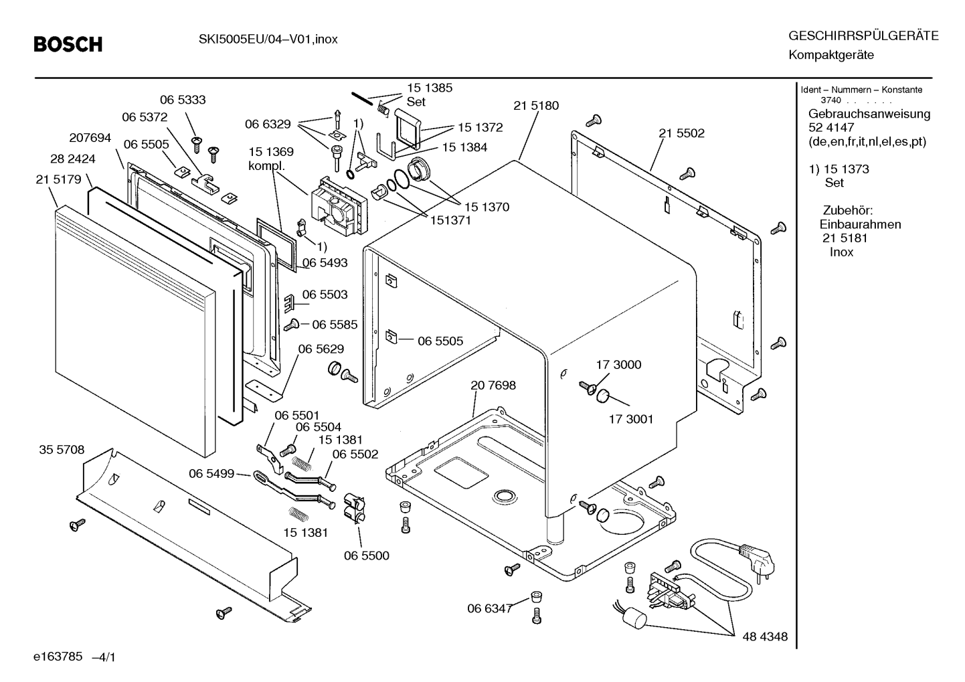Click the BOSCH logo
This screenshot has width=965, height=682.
68,44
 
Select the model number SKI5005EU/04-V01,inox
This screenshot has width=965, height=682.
268,39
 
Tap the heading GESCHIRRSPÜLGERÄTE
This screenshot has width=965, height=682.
863,35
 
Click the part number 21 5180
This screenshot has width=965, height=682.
536,106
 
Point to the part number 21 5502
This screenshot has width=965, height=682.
681,133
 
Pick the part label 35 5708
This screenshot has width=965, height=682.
62,450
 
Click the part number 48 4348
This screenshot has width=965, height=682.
765,636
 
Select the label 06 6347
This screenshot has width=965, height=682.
490,609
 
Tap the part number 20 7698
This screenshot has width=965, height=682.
493,385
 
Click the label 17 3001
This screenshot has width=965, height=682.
630,419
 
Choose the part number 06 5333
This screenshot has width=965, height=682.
183,100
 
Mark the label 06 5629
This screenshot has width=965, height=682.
321,349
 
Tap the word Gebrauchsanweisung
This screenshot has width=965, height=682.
869,114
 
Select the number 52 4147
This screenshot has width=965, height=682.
831,128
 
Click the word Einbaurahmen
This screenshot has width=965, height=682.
860,224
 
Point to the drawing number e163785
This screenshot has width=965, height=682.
58,657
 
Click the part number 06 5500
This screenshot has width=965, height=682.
366,556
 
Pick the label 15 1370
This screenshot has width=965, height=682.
487,207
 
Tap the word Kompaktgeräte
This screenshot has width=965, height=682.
831,56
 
